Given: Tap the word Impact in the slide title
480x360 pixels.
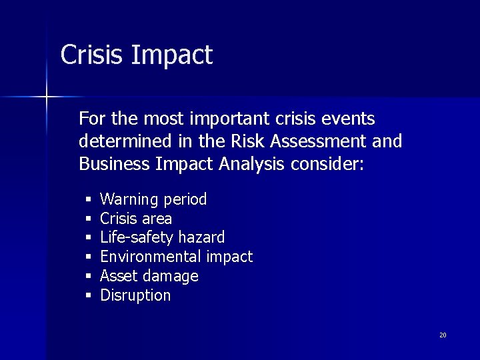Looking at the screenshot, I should (x=172, y=56).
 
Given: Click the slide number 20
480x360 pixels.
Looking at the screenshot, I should (x=443, y=335).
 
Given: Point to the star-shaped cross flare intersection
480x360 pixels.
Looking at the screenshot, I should (x=47, y=97).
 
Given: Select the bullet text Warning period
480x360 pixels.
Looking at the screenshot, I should (x=153, y=199).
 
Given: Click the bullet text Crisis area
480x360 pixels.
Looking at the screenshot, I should (x=136, y=219).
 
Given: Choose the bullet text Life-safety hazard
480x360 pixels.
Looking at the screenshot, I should (x=162, y=237).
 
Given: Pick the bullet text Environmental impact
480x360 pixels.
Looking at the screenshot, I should (x=176, y=257).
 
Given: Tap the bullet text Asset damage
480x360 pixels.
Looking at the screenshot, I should (x=149, y=276).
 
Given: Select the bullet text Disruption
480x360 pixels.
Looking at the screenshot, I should (x=135, y=295).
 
